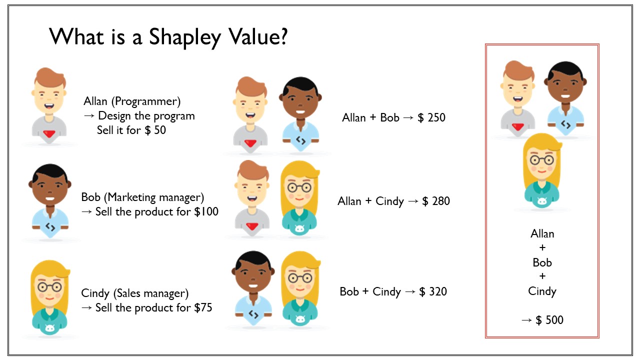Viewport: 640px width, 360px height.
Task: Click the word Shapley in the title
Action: coord(185,37)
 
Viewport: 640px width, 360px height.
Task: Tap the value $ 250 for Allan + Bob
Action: coord(431,117)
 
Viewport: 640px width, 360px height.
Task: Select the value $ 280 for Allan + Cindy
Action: coord(436,201)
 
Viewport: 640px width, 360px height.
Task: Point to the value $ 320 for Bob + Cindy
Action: coord(433,291)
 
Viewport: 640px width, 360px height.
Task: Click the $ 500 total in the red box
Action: coord(551,319)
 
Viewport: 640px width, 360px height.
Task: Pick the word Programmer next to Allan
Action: coord(146,101)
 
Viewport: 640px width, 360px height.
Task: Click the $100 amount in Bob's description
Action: coord(206,211)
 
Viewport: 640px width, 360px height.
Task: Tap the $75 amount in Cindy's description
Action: coord(203,307)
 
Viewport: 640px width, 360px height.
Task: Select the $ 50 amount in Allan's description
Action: coord(155,130)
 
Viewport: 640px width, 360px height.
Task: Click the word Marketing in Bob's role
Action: coord(130,197)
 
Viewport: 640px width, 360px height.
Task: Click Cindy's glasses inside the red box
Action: coord(541,160)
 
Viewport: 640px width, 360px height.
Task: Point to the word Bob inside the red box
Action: coord(542,262)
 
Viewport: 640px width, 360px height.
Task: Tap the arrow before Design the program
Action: coord(89,115)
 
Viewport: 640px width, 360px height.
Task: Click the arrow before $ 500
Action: coord(526,320)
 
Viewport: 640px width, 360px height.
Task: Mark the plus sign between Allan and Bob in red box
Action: coord(542,247)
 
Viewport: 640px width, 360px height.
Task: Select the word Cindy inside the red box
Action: coord(542,291)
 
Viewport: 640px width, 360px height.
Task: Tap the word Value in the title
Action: coord(253,37)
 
